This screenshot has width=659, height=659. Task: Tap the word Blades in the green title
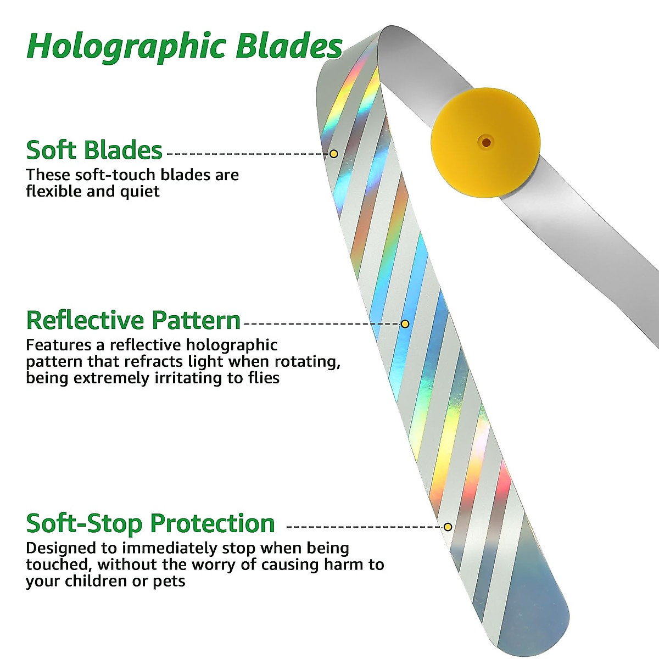pyautogui.click(x=289, y=46)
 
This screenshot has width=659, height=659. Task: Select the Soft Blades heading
pyautogui.click(x=94, y=150)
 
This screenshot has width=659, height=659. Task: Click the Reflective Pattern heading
pyautogui.click(x=133, y=320)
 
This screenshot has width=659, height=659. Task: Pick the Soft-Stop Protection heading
pyautogui.click(x=150, y=523)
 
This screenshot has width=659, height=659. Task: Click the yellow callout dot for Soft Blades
pyautogui.click(x=333, y=154)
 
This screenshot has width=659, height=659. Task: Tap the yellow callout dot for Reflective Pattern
pyautogui.click(x=405, y=324)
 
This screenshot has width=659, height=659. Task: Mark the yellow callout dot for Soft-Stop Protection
pyautogui.click(x=448, y=527)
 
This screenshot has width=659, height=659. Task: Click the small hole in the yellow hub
pyautogui.click(x=486, y=143)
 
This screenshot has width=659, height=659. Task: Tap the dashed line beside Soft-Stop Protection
pyautogui.click(x=362, y=527)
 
